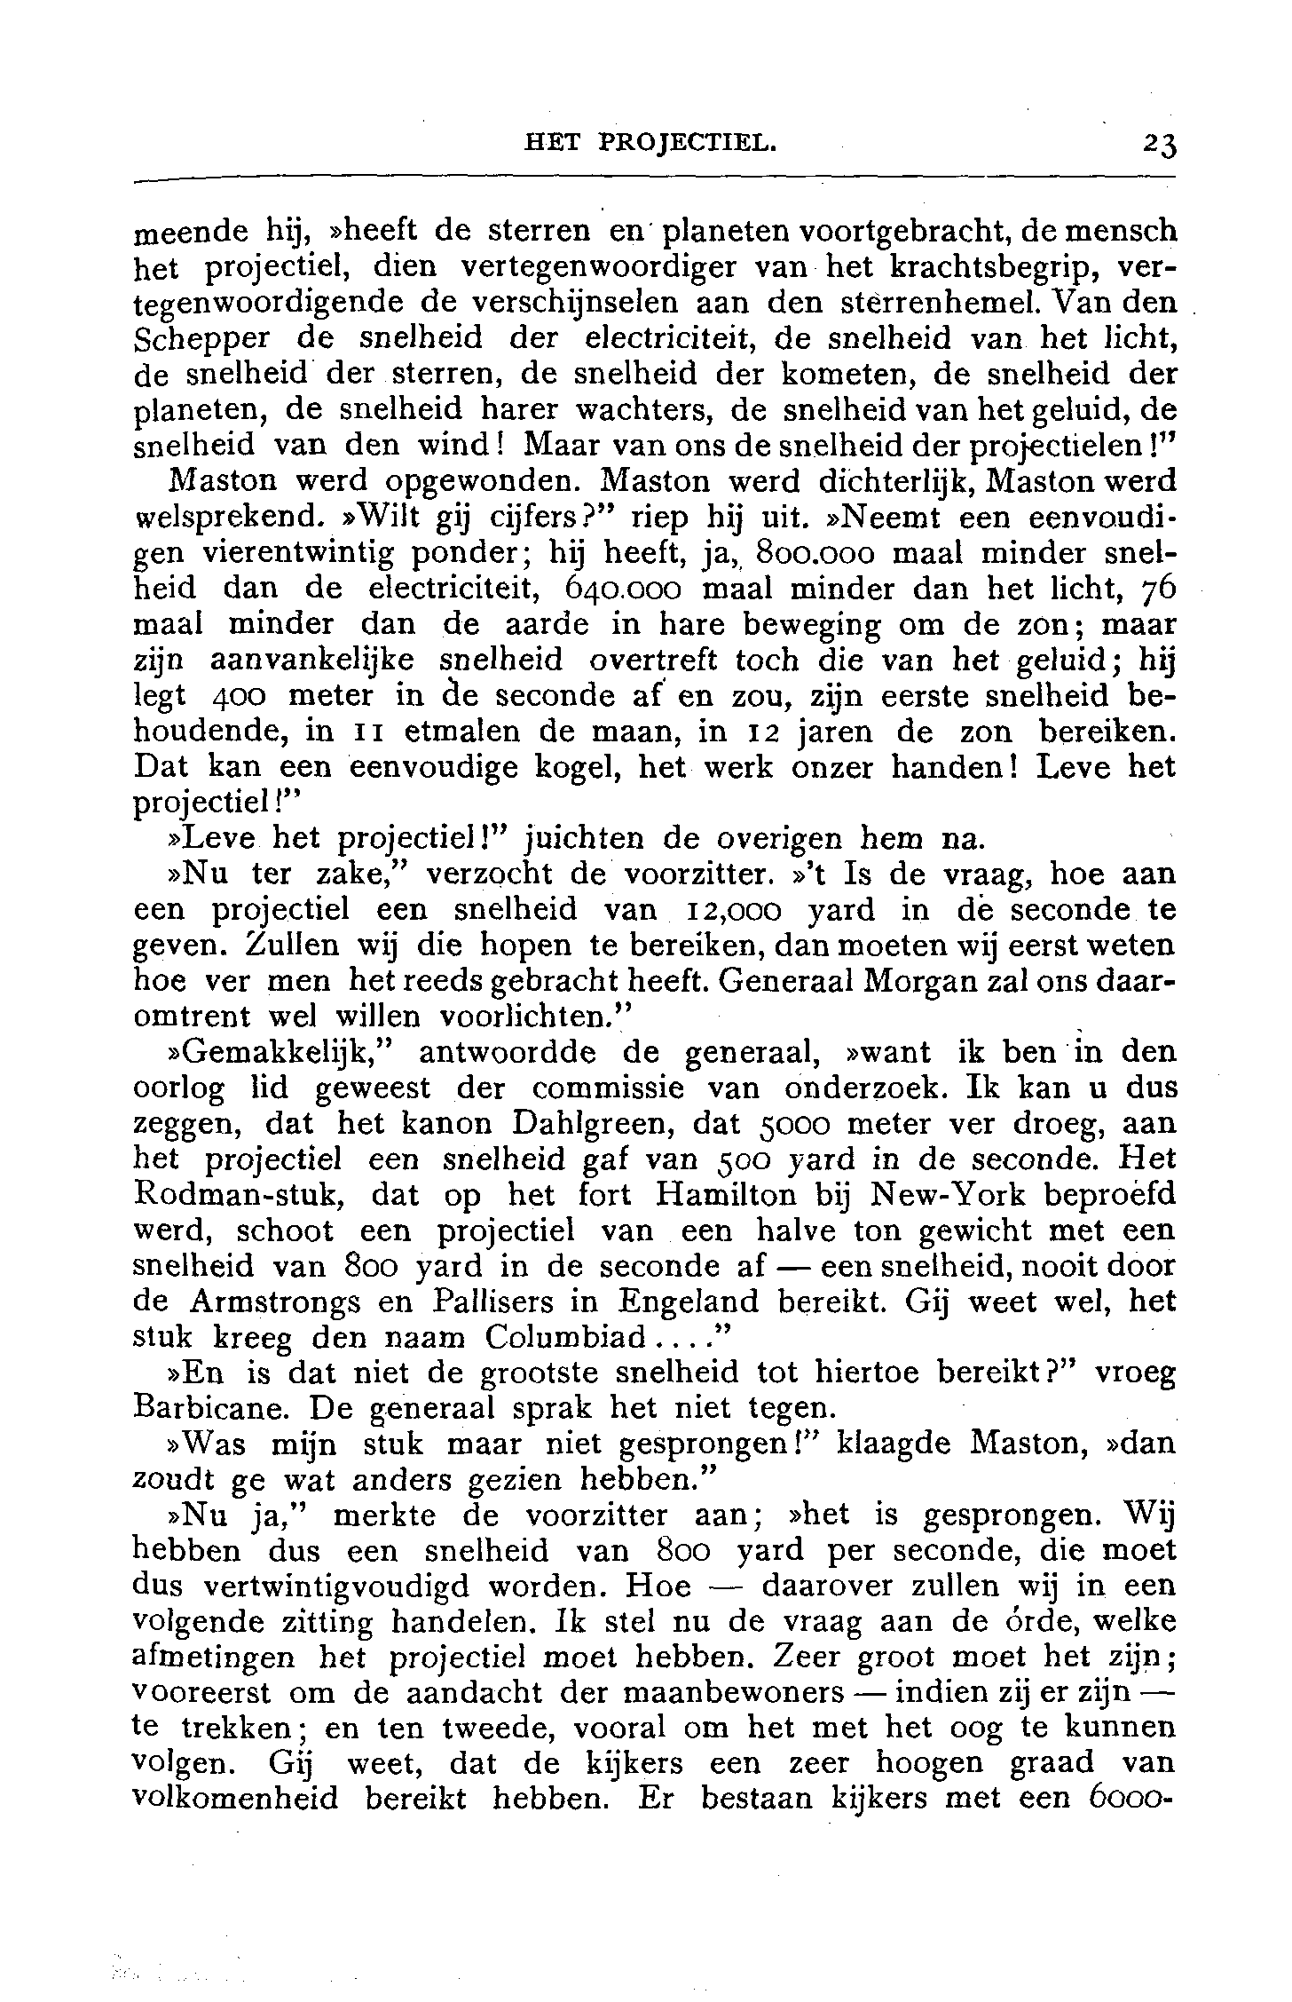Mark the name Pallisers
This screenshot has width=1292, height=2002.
point(516,1302)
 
